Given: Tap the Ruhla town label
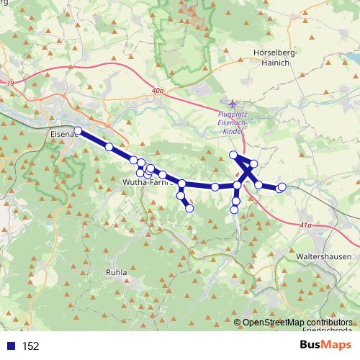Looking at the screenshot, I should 117,273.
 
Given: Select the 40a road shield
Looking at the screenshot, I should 158,91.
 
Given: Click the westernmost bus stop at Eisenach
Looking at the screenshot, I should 78,131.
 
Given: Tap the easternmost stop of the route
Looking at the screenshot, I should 282,187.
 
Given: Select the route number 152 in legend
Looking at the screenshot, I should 30,346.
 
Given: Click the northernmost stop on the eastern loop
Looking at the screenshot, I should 233,156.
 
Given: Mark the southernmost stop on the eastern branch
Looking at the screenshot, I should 234,210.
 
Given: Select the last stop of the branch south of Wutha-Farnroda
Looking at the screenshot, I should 189,209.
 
